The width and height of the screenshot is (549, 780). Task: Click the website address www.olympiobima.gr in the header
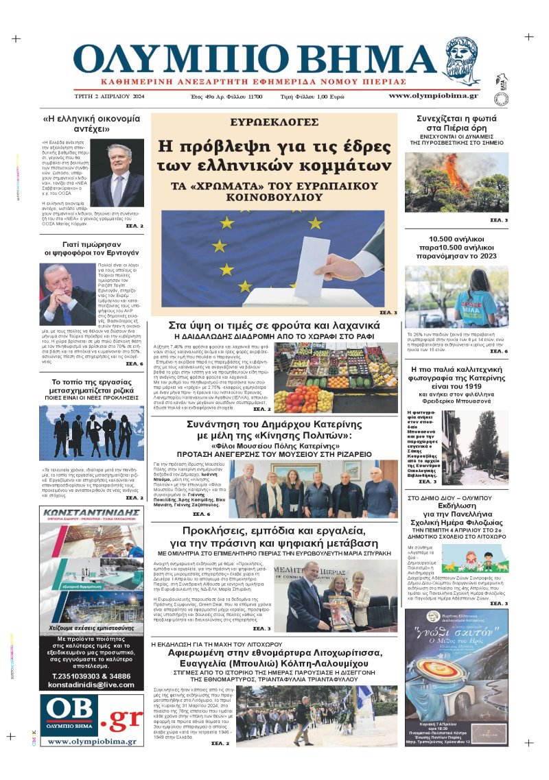tap(434, 96)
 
